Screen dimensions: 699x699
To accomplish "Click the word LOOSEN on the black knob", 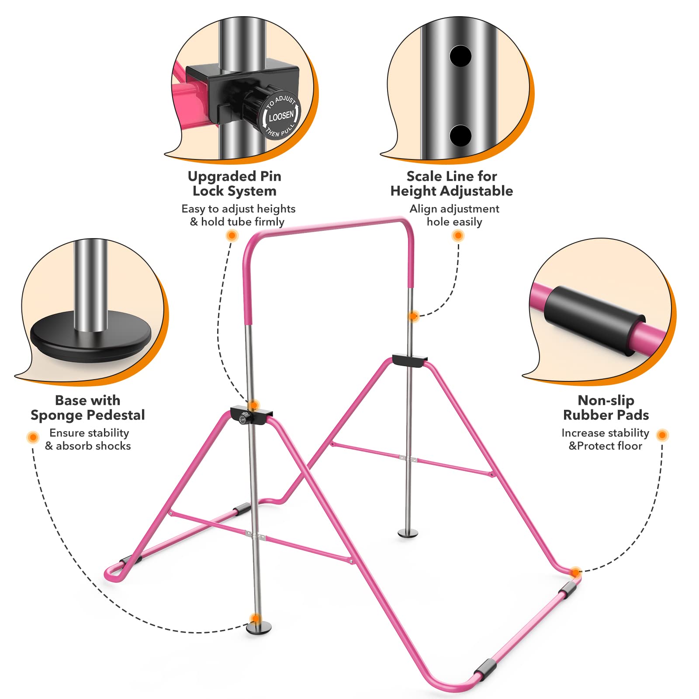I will coord(281,116).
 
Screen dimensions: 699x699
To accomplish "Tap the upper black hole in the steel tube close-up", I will coord(460,56).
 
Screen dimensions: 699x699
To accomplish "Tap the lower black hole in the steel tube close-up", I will coord(460,135).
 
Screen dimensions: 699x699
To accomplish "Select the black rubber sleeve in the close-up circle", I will coord(594,320).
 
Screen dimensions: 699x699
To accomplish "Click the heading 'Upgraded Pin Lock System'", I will coord(235,183).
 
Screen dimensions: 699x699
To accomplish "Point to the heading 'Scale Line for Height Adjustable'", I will coord(452,183).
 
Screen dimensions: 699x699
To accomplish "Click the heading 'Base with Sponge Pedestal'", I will coord(88,408).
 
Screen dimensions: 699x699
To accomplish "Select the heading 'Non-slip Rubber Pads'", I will coord(606,408).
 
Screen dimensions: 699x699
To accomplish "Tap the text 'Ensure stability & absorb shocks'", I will coord(89,439).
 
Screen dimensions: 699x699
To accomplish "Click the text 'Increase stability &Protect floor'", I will coord(605,439).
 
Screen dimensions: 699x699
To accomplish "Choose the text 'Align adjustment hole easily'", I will coord(454,215).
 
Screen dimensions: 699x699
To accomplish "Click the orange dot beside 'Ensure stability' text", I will coord(33,437).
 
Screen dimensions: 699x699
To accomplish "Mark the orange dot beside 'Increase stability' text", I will coord(662,435).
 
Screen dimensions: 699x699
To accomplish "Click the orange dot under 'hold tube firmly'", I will coord(232,236).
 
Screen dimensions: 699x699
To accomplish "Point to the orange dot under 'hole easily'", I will coord(458,236).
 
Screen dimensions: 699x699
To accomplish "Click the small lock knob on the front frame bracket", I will coord(242,419).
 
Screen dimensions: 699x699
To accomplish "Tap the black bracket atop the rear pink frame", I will coord(409,360).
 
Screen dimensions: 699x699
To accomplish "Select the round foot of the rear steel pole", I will coord(408,533).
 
